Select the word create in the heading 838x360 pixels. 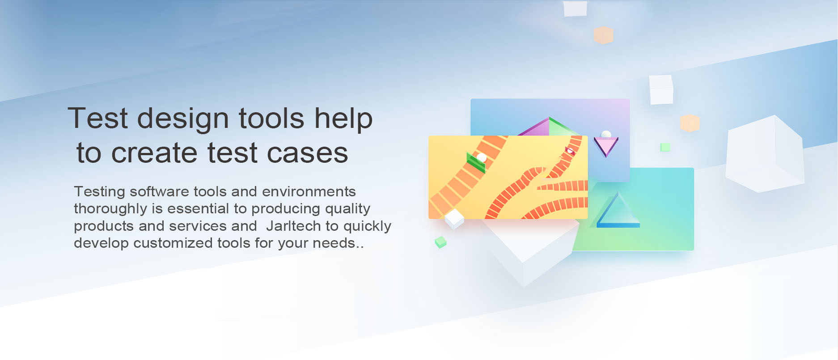point(154,153)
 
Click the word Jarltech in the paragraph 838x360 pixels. point(293,226)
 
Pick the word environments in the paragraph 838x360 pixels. point(309,191)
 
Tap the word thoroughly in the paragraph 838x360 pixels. point(110,209)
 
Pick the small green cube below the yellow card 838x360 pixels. point(440,242)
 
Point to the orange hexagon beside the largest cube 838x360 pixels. point(690,123)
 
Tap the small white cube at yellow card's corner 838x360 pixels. point(454,218)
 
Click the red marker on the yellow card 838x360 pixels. point(570,151)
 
